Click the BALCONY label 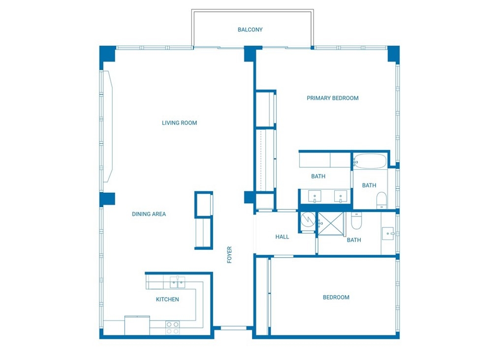pyautogui.click(x=250, y=30)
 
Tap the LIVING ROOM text pyautogui.click(x=179, y=122)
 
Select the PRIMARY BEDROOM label pyautogui.click(x=332, y=98)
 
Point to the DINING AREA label pyautogui.click(x=149, y=214)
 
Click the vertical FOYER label pyautogui.click(x=229, y=255)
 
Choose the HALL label pyautogui.click(x=282, y=237)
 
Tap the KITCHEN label pyautogui.click(x=167, y=300)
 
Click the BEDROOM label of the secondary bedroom pyautogui.click(x=336, y=298)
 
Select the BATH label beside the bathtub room pyautogui.click(x=369, y=185)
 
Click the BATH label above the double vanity pyautogui.click(x=318, y=176)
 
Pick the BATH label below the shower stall pyautogui.click(x=354, y=240)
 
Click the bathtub pyautogui.click(x=370, y=161)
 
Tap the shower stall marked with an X pyautogui.click(x=330, y=223)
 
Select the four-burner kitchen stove pyautogui.click(x=173, y=328)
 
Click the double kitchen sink pyautogui.click(x=177, y=283)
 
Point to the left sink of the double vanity pyautogui.click(x=315, y=196)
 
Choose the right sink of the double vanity pyautogui.click(x=341, y=196)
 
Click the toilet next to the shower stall pyautogui.click(x=356, y=221)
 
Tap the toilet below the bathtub pyautogui.click(x=381, y=200)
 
